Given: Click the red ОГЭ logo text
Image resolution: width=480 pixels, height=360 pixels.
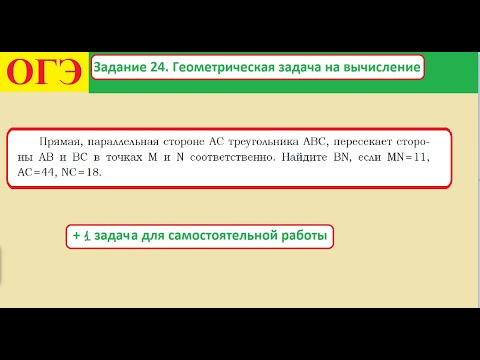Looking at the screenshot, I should click(x=44, y=70).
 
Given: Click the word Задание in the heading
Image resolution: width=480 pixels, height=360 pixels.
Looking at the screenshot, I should click(x=119, y=67).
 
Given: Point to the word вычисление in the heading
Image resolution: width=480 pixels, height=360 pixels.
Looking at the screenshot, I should click(x=381, y=67).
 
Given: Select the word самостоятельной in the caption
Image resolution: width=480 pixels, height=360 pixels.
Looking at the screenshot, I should click(x=220, y=236).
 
